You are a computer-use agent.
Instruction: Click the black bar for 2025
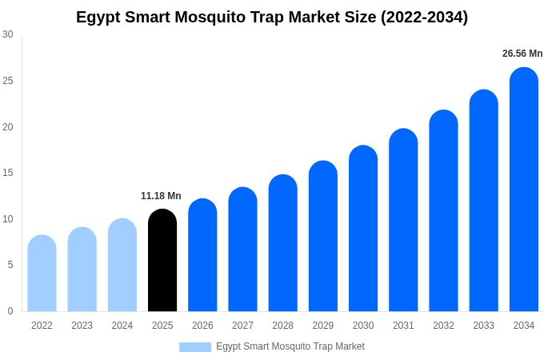(162, 260)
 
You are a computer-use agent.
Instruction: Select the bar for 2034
(524, 190)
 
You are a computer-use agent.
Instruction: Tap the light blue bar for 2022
(42, 273)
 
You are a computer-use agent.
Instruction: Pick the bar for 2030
(363, 228)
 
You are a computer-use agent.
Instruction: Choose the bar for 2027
(243, 249)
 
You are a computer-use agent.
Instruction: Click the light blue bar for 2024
(122, 265)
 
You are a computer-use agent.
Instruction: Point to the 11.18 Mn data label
(161, 196)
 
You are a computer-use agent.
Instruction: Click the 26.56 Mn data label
(522, 54)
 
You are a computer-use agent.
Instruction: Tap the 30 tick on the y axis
(8, 34)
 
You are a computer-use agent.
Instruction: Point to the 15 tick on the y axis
(8, 173)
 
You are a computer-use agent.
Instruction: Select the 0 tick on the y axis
(10, 310)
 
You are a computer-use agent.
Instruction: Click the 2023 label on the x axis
(82, 326)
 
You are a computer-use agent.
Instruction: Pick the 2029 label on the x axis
(323, 326)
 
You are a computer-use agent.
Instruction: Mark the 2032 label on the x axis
(443, 326)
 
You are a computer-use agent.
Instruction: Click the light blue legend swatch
(195, 347)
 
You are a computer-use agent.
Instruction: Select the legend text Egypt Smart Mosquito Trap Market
(290, 346)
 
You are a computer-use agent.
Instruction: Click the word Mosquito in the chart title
(210, 17)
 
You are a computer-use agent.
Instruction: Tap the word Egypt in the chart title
(98, 18)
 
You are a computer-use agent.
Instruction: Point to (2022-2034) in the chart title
(424, 17)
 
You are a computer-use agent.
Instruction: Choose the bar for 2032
(443, 210)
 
